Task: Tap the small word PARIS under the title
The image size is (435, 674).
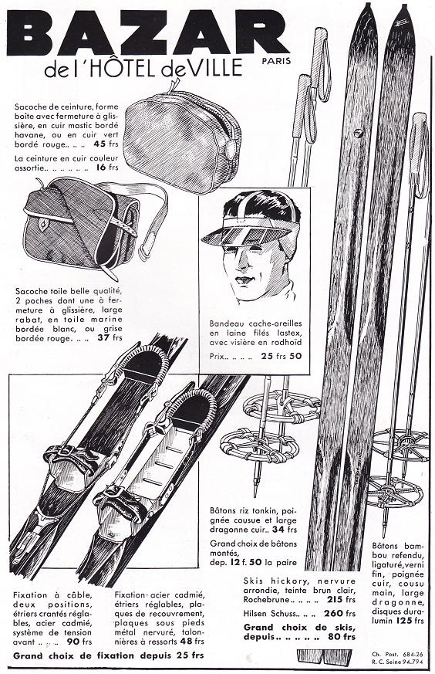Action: click(x=276, y=61)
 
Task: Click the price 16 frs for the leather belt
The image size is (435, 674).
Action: click(x=107, y=168)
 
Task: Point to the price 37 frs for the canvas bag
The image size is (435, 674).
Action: click(x=110, y=338)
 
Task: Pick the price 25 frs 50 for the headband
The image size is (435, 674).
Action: click(x=282, y=356)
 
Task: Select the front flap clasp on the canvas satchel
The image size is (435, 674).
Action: click(x=43, y=222)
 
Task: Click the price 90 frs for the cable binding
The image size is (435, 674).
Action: click(x=79, y=642)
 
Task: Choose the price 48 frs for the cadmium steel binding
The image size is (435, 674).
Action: click(x=192, y=642)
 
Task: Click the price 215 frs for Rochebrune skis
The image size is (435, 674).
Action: click(x=342, y=599)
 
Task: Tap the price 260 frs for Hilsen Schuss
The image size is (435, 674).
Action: click(x=341, y=613)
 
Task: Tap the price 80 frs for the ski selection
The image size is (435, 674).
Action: click(x=342, y=637)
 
